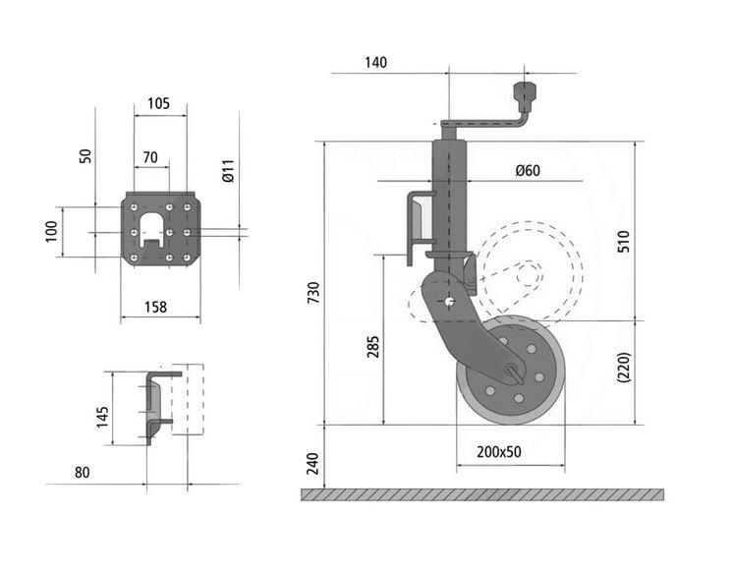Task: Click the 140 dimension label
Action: coord(375,63)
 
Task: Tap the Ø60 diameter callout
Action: coord(528,170)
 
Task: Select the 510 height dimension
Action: coord(624,241)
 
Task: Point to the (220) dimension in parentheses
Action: coord(624,368)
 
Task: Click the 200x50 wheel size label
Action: coord(498,451)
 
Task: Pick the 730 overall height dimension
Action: coord(313,293)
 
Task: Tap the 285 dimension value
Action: coord(372,347)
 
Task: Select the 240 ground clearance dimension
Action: coord(312,463)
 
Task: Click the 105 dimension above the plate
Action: coord(159,103)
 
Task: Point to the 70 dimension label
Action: coord(150,157)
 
